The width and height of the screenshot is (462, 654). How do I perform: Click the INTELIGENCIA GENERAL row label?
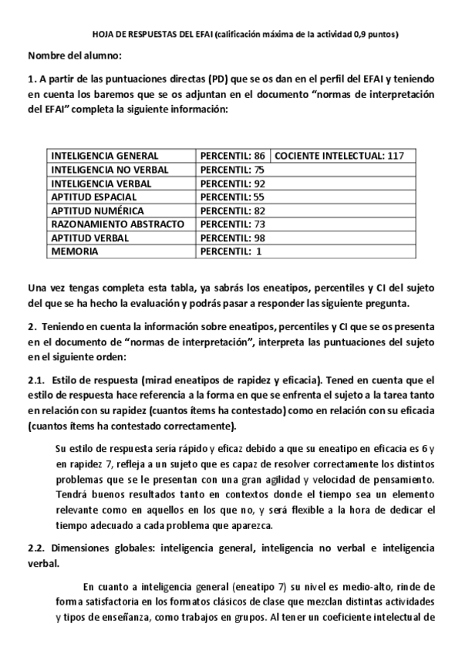(105, 156)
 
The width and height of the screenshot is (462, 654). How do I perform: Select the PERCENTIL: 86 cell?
(232, 156)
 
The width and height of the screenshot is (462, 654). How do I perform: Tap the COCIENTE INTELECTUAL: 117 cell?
(339, 156)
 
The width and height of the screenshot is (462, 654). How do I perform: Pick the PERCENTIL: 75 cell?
(232, 170)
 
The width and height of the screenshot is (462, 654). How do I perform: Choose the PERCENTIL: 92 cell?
(232, 184)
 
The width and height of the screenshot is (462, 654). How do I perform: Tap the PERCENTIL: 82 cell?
(232, 211)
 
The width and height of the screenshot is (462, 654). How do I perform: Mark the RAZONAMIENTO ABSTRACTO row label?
(117, 224)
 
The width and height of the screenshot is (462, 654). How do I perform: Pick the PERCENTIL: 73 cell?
(232, 224)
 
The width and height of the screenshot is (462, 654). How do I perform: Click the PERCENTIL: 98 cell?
(232, 238)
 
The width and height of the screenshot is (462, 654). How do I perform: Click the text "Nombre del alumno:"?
(75, 56)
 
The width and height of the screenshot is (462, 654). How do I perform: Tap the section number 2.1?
(36, 379)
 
